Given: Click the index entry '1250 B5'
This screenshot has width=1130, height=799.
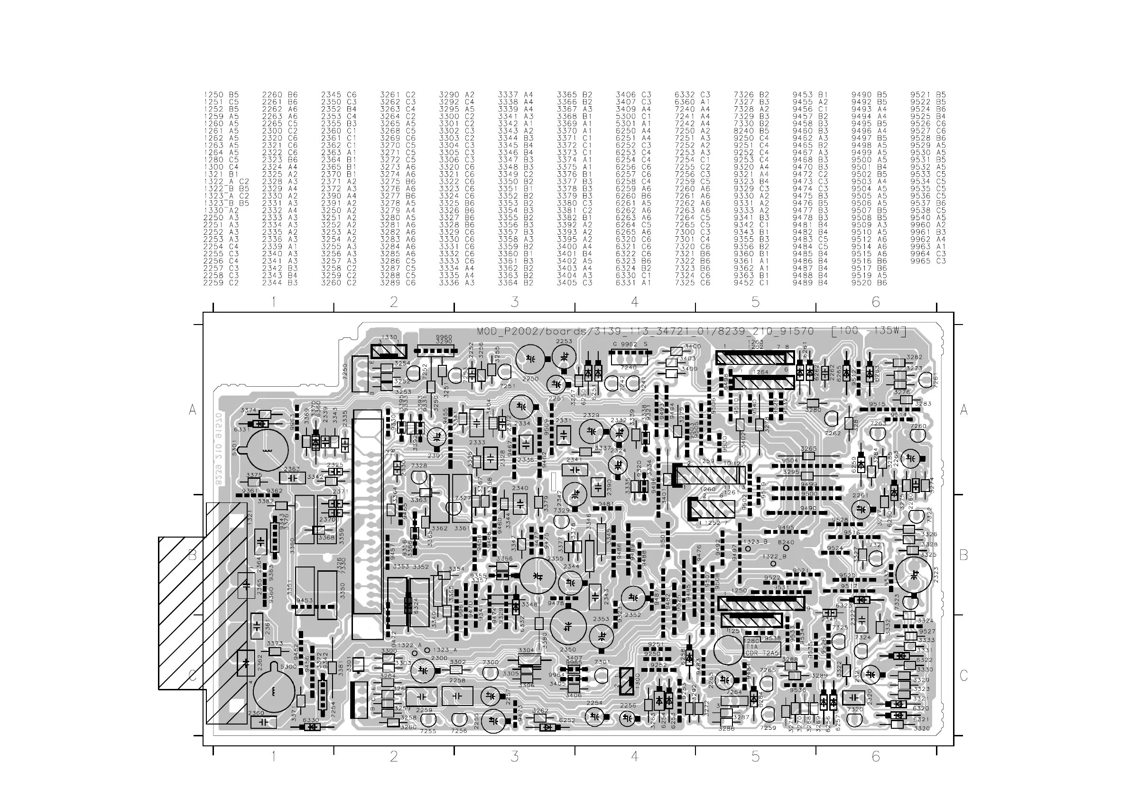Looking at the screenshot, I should (221, 94).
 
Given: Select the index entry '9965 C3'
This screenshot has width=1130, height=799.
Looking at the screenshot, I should (928, 261).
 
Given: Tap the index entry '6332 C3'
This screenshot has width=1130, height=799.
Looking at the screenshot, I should (692, 94).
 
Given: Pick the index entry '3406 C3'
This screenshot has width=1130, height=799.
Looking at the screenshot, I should (633, 94).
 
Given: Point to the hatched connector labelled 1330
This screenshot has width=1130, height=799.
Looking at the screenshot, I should (389, 352).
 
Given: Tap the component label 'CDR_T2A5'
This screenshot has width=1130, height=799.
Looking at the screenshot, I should (762, 653).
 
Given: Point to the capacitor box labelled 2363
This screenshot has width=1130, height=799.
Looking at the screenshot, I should (292, 477).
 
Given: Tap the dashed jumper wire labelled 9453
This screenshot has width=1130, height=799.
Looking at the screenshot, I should (311, 607).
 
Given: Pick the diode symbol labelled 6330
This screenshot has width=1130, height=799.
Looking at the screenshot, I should (311, 726).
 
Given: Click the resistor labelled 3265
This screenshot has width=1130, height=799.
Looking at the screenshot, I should (809, 456).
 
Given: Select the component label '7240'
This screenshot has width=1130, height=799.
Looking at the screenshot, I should (629, 367).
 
